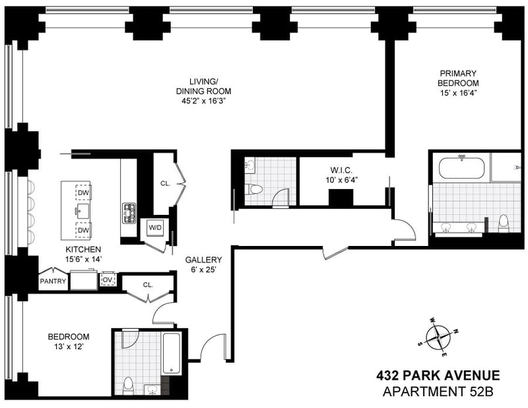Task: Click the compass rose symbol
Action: click(438, 337)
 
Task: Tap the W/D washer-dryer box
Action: click(155, 227)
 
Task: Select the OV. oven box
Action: click(108, 280)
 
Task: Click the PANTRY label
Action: click(53, 281)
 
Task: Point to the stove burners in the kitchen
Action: click(129, 213)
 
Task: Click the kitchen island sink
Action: click(82, 211)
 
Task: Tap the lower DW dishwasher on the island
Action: click(84, 230)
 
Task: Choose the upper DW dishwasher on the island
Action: click(84, 192)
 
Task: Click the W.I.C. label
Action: click(341, 170)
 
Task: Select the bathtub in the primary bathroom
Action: click(461, 168)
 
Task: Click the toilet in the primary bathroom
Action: click(504, 224)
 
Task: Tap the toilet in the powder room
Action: click(253, 189)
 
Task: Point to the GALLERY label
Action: click(203, 259)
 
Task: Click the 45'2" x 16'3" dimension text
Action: click(203, 101)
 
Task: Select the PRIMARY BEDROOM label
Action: click(458, 78)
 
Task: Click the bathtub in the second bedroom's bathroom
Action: click(172, 353)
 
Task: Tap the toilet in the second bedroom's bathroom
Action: click(128, 386)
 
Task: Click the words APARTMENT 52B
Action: click(438, 392)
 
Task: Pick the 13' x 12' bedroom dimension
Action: click(69, 347)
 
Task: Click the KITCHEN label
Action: click(83, 249)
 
